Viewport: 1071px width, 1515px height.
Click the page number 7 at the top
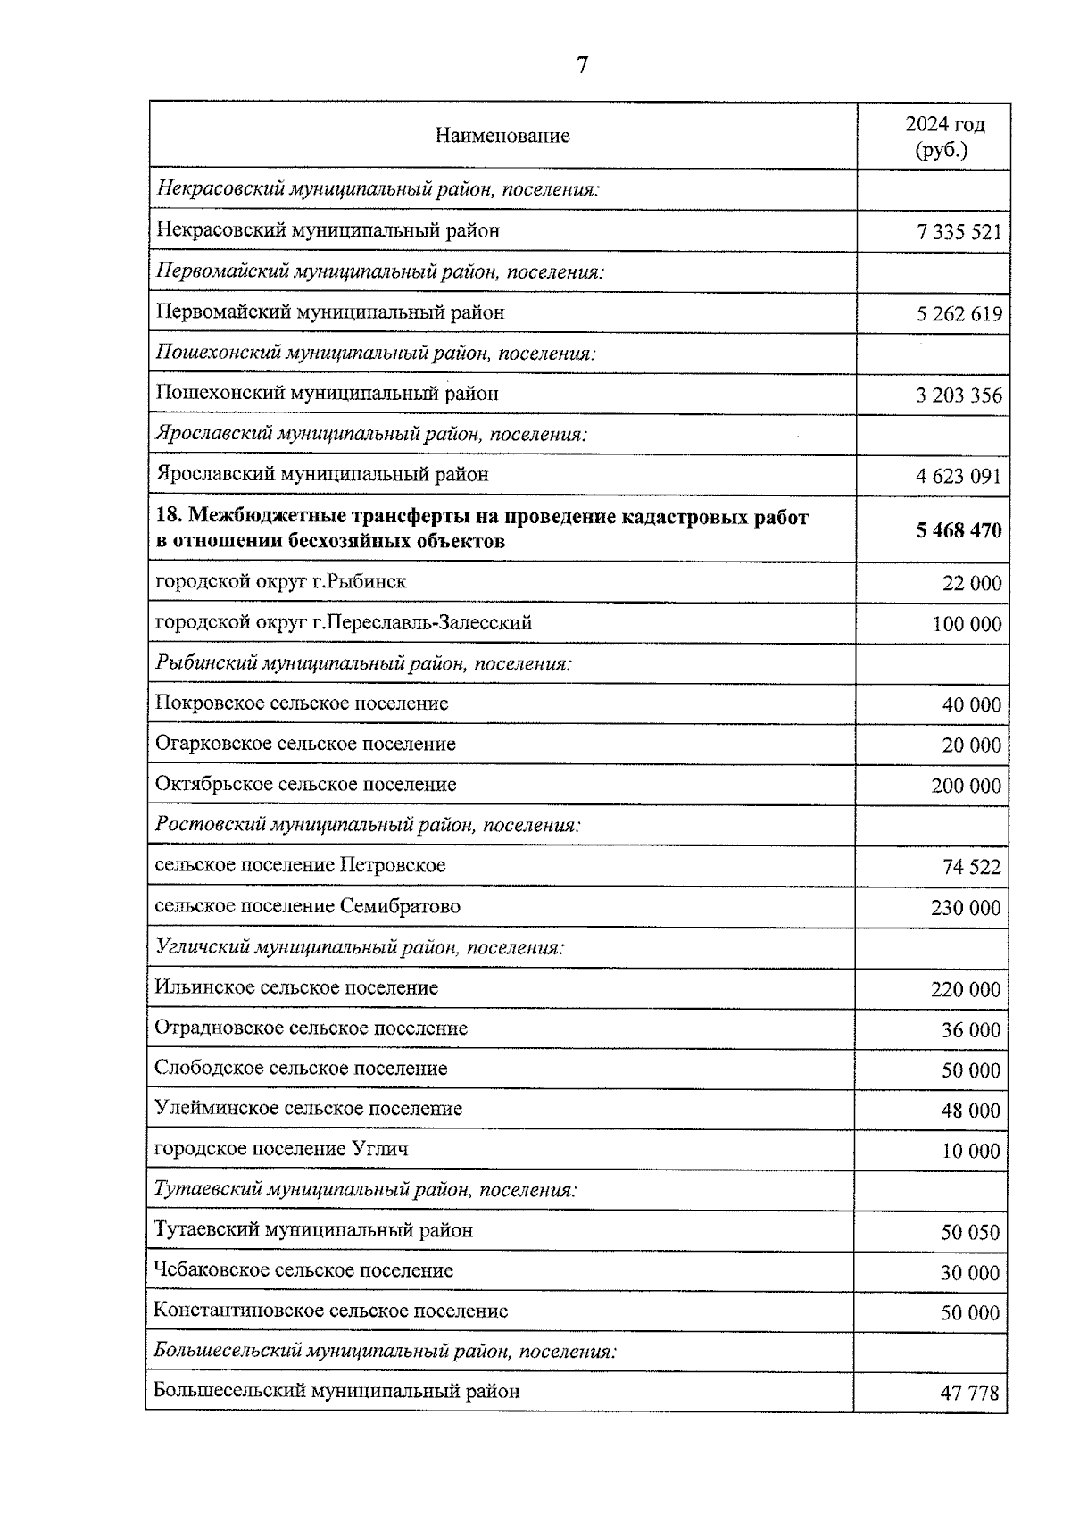pyautogui.click(x=582, y=65)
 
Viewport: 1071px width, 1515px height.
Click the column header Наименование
pyautogui.click(x=502, y=136)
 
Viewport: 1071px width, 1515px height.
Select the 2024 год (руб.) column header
pyautogui.click(x=945, y=137)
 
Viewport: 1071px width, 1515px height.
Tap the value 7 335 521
pyautogui.click(x=959, y=233)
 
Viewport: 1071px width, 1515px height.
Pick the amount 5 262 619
pyautogui.click(x=959, y=314)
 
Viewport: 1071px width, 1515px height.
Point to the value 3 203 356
pyautogui.click(x=959, y=395)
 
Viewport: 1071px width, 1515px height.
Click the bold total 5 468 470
pyautogui.click(x=959, y=531)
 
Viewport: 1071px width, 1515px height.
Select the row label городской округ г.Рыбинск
pyautogui.click(x=281, y=582)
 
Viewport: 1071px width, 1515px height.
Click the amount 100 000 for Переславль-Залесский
pyautogui.click(x=967, y=625)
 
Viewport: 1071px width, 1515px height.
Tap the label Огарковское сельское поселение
pyautogui.click(x=305, y=744)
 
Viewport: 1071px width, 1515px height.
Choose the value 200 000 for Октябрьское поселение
pyautogui.click(x=967, y=787)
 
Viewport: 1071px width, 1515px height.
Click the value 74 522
pyautogui.click(x=971, y=867)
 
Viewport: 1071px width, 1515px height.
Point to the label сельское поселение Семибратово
pyautogui.click(x=308, y=906)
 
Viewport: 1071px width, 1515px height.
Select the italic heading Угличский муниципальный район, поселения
pyautogui.click(x=359, y=947)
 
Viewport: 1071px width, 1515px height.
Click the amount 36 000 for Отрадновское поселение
pyautogui.click(x=971, y=1030)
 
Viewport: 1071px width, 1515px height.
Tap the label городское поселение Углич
pyautogui.click(x=281, y=1149)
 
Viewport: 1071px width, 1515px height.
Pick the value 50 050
pyautogui.click(x=970, y=1233)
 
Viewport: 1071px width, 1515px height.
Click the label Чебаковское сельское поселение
pyautogui.click(x=303, y=1270)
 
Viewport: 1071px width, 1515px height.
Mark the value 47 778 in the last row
pyautogui.click(x=969, y=1393)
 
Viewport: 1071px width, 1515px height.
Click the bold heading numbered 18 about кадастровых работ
pyautogui.click(x=482, y=529)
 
